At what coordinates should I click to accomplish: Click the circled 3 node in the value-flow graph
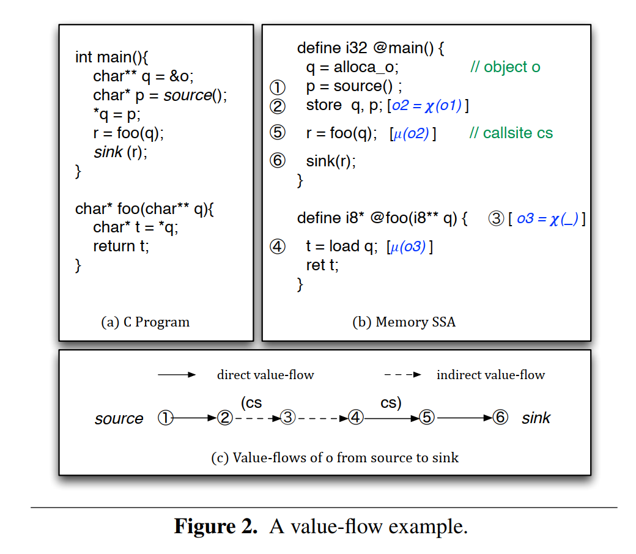coord(288,418)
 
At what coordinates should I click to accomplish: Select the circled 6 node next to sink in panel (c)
coord(500,418)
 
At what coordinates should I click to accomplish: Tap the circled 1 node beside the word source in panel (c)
coord(165,418)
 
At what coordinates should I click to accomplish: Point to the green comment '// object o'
coord(505,67)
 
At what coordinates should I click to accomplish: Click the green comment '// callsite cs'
coord(511,133)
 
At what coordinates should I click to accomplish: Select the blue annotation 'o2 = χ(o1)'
coord(427,106)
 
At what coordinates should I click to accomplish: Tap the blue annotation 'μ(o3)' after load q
coord(409,247)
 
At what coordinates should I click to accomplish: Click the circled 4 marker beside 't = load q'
coord(278,247)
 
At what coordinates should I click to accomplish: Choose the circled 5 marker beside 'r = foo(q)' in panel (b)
coord(278,133)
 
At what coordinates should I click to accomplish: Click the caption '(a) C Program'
coord(146,322)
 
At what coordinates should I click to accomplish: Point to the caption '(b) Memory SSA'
coord(404,322)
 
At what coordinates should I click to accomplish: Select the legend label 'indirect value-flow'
coord(490,375)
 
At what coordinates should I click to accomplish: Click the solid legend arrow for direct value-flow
coord(177,375)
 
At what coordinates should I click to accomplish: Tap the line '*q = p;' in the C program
coord(117,114)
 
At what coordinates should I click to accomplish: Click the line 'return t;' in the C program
coord(121,246)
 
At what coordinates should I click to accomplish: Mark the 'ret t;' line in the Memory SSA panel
coord(322,265)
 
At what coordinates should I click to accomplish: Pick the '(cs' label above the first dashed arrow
coord(251,403)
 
